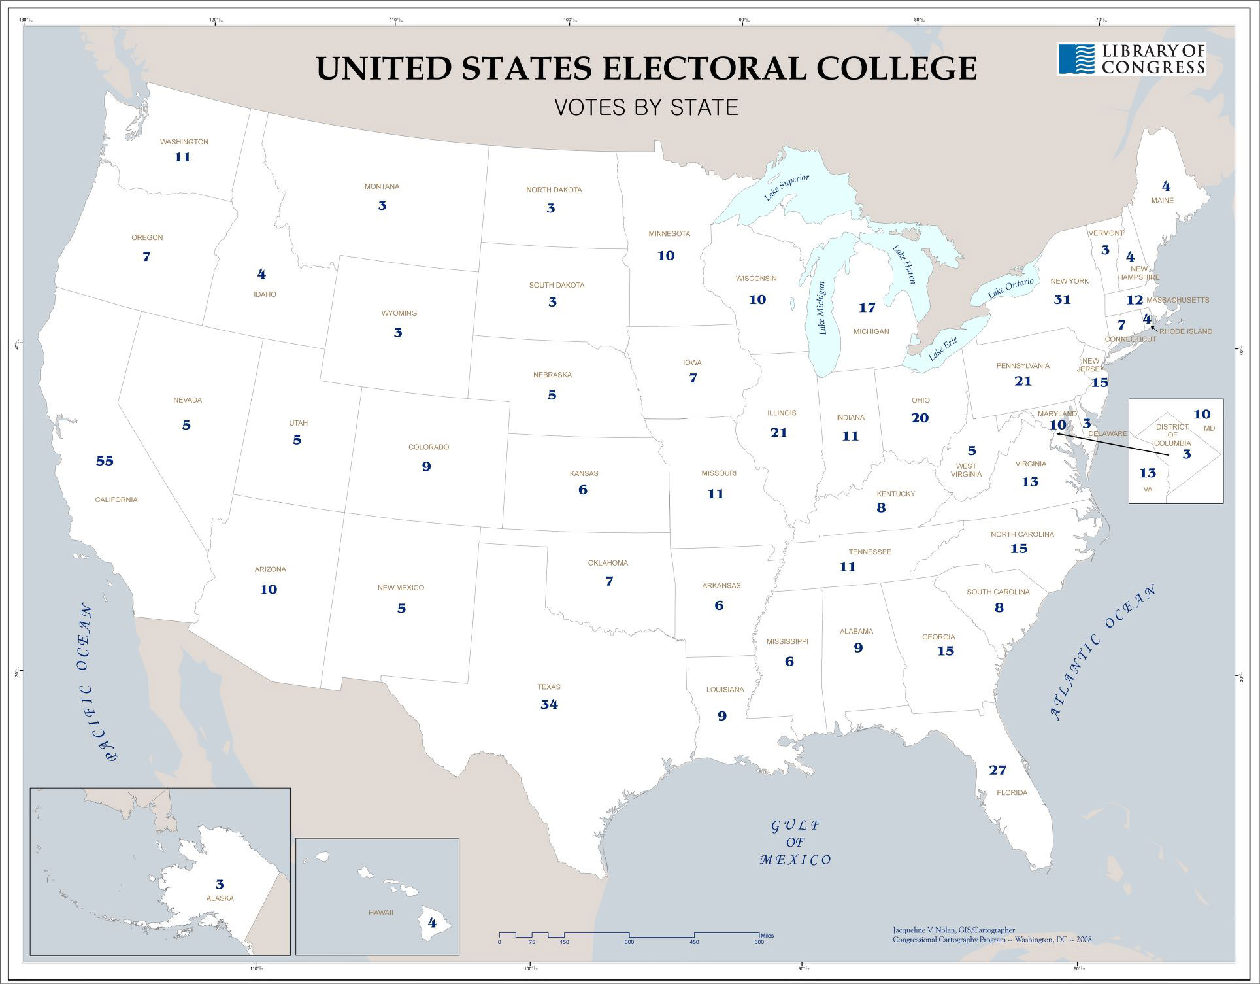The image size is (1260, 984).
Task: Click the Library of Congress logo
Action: [1131, 59]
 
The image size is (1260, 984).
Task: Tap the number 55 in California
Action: [105, 461]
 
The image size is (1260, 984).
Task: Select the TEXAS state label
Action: [549, 687]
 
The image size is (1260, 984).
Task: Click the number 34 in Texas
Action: [549, 705]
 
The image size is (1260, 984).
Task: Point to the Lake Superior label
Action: [787, 188]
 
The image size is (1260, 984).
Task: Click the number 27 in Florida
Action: [997, 770]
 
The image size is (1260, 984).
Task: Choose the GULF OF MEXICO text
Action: [795, 843]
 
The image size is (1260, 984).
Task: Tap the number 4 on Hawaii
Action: [431, 923]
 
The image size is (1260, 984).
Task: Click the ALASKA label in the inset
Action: [220, 898]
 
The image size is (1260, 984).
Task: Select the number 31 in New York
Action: [1062, 299]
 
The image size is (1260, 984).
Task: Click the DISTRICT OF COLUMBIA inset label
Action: [1172, 435]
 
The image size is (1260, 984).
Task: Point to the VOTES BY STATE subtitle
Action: [646, 107]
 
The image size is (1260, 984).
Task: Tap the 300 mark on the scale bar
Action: [629, 942]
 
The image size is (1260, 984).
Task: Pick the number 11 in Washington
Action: [182, 157]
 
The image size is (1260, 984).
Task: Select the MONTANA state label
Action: [382, 187]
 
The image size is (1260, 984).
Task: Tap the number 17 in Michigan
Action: [867, 307]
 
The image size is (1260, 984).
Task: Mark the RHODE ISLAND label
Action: [1185, 331]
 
